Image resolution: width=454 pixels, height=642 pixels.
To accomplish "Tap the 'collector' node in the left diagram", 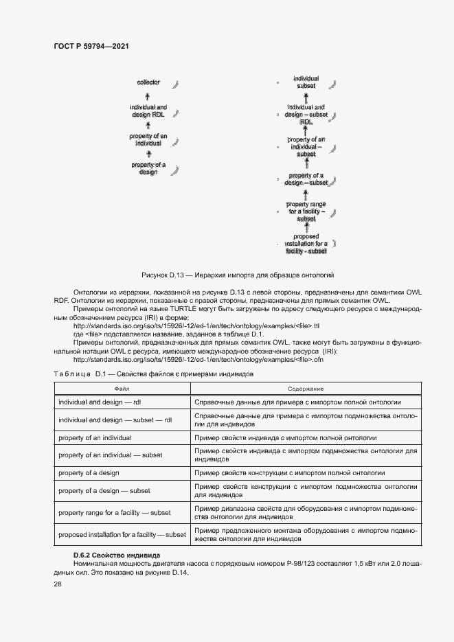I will (148, 82).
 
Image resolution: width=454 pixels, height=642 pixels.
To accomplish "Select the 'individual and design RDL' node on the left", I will (148, 111).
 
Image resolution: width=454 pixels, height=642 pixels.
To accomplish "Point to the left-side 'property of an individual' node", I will (148, 140).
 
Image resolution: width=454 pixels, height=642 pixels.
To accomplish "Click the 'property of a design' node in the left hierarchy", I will (148, 168).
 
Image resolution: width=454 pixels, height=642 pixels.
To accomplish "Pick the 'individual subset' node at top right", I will (306, 82).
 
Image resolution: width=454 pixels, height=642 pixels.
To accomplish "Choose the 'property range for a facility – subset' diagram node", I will (306, 211).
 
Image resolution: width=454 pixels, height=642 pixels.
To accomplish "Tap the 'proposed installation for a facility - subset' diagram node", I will (306, 244).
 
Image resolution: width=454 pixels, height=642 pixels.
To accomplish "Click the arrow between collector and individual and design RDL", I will (148, 96).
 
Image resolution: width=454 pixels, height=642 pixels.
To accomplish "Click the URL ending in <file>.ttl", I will (196, 325).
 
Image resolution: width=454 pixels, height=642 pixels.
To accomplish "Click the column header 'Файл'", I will (122, 389).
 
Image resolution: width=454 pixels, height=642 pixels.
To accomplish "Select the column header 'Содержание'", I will (306, 389).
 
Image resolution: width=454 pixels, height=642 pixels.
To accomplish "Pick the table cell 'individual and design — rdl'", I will (100, 402).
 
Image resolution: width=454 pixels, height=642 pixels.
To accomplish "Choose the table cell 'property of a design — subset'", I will (104, 491).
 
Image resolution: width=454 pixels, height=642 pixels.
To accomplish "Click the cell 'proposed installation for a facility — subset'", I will (122, 534).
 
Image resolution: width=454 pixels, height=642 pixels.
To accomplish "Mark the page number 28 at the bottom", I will (58, 583).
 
